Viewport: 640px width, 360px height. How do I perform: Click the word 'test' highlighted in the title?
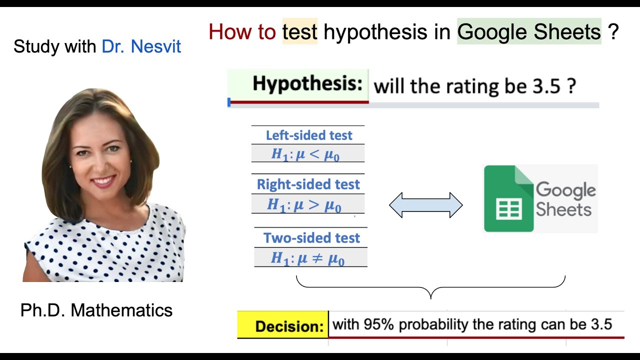[300, 32]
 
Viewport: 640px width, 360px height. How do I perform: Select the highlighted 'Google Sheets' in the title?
[529, 32]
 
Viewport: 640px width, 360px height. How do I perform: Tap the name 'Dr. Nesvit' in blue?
[141, 46]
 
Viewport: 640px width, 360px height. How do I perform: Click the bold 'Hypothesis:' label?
[307, 84]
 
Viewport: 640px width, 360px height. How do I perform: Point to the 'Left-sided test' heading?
[309, 135]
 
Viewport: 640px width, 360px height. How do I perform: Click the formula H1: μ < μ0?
[305, 154]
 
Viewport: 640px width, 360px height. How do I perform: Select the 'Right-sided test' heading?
[308, 184]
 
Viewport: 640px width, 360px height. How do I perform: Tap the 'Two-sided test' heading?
[311, 238]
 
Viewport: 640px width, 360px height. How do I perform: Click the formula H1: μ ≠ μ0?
[308, 258]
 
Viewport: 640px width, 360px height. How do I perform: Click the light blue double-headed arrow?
[426, 205]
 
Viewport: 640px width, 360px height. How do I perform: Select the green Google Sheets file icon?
[509, 198]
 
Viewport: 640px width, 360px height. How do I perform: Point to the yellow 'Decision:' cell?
[282, 326]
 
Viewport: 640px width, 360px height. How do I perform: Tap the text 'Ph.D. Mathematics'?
[96, 310]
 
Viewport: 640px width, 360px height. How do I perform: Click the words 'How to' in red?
[242, 32]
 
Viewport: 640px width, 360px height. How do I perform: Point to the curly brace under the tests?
[430, 288]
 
